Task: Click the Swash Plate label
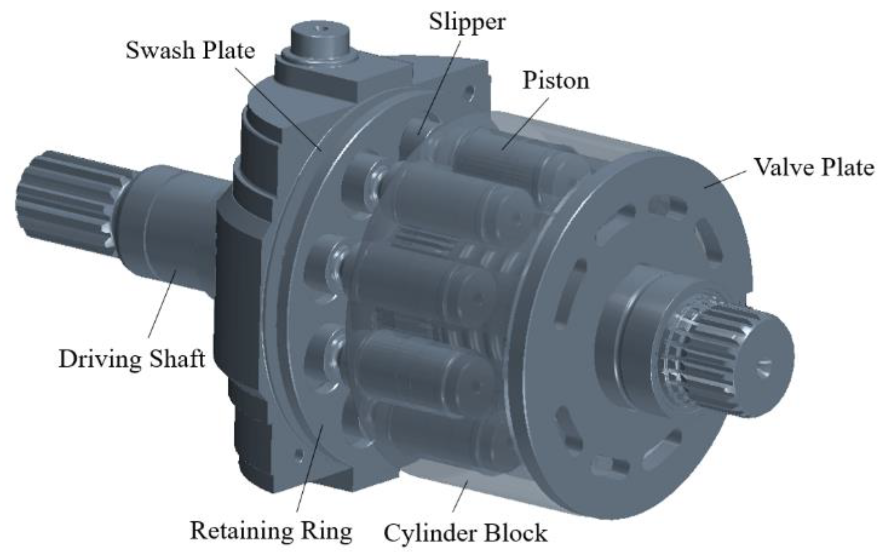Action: (x=190, y=50)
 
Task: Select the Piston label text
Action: (x=556, y=81)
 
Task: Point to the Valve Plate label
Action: (x=814, y=168)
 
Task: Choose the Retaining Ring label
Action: (x=271, y=531)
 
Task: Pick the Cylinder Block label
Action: (x=465, y=533)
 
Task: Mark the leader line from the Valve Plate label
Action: (x=725, y=179)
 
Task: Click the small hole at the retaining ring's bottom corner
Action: (x=299, y=455)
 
